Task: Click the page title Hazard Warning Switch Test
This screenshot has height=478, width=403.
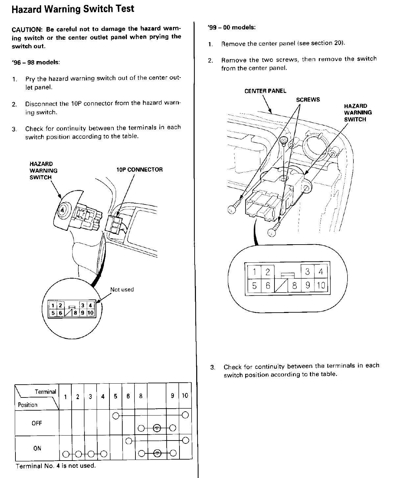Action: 73,9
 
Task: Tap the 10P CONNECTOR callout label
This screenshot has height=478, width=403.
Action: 140,170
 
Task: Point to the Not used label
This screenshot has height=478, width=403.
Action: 122,290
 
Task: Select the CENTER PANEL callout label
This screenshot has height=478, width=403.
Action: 265,91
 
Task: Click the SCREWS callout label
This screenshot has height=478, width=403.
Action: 308,100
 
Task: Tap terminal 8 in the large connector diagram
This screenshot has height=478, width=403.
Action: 295,286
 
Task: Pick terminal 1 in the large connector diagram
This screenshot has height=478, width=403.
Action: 254,272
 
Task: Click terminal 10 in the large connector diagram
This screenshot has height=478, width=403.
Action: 321,285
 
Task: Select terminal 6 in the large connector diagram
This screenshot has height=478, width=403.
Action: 268,285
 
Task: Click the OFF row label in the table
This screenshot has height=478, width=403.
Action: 37,423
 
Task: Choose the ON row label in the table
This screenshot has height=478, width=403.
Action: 37,448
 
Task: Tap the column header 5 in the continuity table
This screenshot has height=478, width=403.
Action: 116,396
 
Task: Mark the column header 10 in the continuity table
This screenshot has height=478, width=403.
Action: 185,395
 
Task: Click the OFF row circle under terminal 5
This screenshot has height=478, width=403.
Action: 116,416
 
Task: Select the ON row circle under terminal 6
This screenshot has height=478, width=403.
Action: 129,441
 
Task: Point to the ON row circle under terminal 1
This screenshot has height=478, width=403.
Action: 66,454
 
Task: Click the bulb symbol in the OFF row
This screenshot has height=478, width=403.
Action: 157,428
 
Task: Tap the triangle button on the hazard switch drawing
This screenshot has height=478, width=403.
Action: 62,209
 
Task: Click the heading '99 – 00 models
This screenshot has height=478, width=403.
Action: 232,28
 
